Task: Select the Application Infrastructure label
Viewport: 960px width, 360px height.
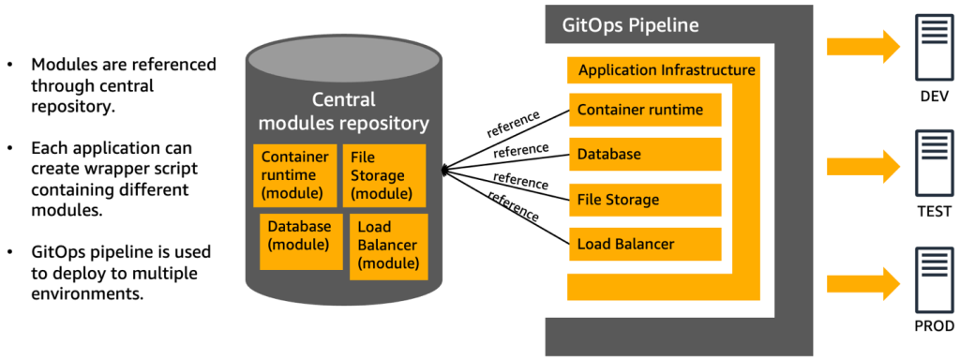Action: click(x=667, y=70)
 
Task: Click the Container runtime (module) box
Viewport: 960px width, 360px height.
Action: click(x=294, y=175)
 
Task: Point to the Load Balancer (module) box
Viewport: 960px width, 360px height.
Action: click(x=388, y=246)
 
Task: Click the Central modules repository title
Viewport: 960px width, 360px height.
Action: click(x=343, y=112)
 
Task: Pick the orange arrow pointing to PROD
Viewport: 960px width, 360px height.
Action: click(x=863, y=282)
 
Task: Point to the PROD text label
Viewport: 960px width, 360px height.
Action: click(x=934, y=326)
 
